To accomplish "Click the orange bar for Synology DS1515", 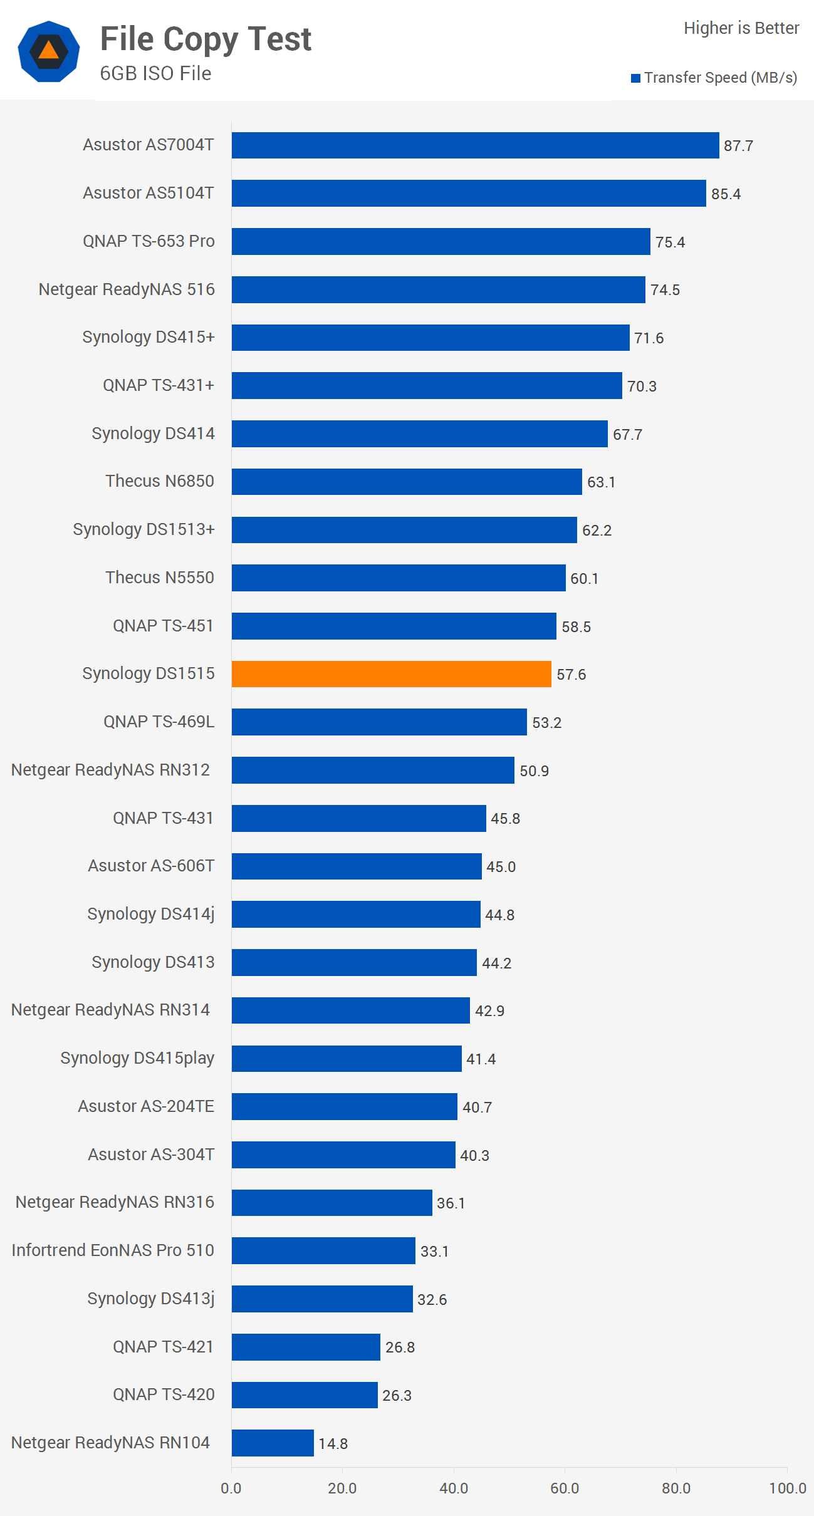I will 391,674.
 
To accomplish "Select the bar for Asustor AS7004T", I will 475,145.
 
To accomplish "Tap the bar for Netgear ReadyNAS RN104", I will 273,1443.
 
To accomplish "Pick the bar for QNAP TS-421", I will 306,1347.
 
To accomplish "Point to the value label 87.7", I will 738,146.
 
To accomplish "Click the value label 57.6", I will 571,675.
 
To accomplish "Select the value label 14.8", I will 333,1443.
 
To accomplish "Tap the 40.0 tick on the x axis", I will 454,1488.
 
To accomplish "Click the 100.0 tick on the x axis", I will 787,1488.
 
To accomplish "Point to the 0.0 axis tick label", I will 231,1488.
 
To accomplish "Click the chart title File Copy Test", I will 206,39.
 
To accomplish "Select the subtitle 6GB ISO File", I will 155,73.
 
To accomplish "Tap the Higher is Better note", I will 741,28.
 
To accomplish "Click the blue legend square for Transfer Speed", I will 635,78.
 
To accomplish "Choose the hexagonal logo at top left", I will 49,51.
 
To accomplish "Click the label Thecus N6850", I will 160,481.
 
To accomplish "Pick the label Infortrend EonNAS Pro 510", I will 113,1250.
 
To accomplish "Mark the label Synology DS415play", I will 137,1058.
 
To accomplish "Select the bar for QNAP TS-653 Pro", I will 441,241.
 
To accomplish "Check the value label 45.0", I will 501,867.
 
